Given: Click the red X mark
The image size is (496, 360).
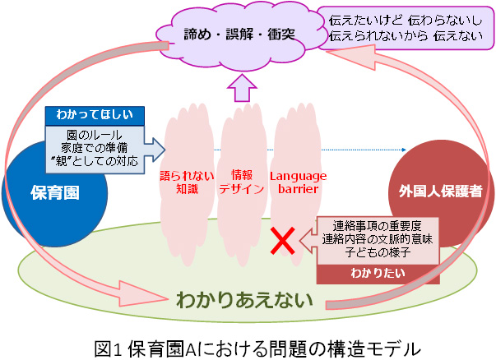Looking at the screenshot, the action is pyautogui.click(x=283, y=241).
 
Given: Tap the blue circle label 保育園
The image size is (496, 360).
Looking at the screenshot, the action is pyautogui.click(x=55, y=192).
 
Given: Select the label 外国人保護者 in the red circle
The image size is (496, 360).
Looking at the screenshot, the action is pyautogui.click(x=440, y=191).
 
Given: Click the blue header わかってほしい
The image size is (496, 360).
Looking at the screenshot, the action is pyautogui.click(x=95, y=114).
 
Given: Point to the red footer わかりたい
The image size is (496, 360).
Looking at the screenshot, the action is pyautogui.click(x=378, y=273).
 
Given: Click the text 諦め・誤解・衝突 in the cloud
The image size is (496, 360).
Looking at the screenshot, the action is pyautogui.click(x=239, y=34).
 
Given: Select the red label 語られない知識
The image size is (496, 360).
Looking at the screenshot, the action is pyautogui.click(x=187, y=182).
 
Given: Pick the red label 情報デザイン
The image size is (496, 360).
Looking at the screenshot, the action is pyautogui.click(x=242, y=182).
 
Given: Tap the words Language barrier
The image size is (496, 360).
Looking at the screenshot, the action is pyautogui.click(x=298, y=182).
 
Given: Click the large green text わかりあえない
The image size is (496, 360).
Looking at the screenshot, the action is pyautogui.click(x=244, y=299).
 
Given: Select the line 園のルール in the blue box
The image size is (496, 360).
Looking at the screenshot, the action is pyautogui.click(x=95, y=135).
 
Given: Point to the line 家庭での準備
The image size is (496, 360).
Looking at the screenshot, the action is pyautogui.click(x=95, y=148).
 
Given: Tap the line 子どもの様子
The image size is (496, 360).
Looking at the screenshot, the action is pyautogui.click(x=378, y=252).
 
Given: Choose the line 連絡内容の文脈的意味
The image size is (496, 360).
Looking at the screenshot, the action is pyautogui.click(x=378, y=239).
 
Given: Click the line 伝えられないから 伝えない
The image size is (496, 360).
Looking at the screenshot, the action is pyautogui.click(x=406, y=35).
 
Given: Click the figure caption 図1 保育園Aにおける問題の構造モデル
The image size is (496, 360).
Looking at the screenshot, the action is pyautogui.click(x=257, y=348).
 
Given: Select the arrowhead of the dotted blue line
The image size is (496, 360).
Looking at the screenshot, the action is pyautogui.click(x=404, y=150).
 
